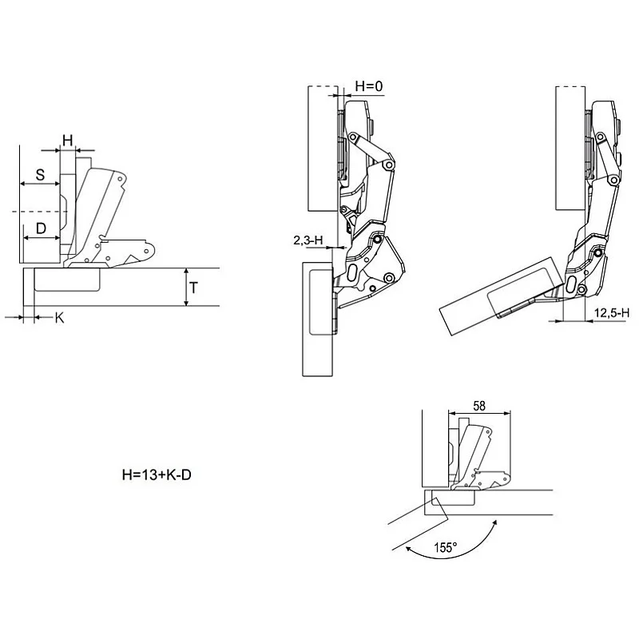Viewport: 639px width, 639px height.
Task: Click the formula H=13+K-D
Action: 157,474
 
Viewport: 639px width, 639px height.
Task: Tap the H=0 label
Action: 369,86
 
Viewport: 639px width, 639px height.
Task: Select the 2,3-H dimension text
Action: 308,240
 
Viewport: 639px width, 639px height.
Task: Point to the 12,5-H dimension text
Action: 612,313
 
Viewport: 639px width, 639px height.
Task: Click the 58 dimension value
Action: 479,406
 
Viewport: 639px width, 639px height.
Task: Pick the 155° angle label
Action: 445,547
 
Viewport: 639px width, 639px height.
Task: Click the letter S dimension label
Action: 40,175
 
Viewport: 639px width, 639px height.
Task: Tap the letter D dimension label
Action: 41,228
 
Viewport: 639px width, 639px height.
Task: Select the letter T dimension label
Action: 193,288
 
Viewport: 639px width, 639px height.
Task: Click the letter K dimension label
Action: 59,318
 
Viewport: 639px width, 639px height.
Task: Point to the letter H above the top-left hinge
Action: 68,141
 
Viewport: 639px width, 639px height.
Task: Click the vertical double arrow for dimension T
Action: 186,287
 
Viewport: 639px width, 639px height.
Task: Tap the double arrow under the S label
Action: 40,185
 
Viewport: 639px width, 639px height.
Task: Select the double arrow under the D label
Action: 42,238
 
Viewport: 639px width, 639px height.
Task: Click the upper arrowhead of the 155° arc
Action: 494,523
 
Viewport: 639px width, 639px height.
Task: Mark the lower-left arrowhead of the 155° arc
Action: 408,550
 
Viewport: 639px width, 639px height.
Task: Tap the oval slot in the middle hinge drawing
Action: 353,272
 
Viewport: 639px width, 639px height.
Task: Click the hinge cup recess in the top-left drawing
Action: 67,280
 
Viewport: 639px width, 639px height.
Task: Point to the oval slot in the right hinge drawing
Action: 571,285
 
